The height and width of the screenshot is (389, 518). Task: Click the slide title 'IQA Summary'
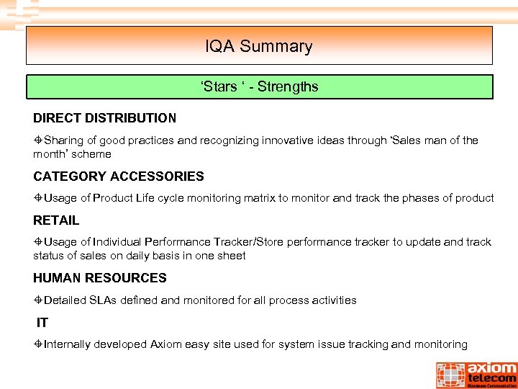point(258,47)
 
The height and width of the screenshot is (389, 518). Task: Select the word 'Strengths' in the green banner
point(288,87)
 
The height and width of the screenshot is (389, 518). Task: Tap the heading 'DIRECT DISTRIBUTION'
point(104,117)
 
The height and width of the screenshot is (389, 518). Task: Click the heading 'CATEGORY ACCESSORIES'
point(119,176)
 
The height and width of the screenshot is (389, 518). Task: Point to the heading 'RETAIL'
point(56,220)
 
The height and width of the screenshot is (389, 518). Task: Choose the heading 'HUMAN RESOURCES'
point(99,278)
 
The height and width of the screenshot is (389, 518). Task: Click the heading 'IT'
point(42,323)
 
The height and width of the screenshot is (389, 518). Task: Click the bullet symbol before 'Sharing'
point(38,140)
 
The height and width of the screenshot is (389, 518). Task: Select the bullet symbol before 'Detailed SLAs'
point(38,300)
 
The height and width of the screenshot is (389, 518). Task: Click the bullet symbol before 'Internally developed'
point(38,344)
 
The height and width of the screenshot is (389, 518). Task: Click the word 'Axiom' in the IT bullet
point(165,344)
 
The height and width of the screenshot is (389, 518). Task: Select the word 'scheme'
point(94,154)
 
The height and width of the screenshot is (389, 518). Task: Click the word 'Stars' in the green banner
point(219,87)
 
